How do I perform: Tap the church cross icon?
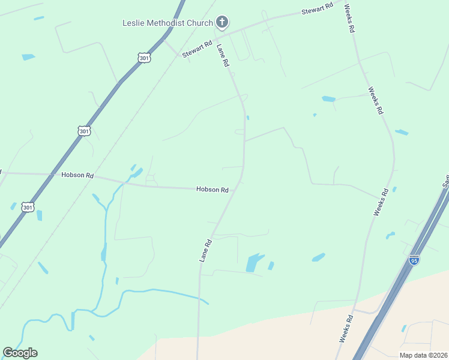(x=222, y=23)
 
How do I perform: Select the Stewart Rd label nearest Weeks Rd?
(x=317, y=10)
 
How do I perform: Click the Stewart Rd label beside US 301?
(x=197, y=48)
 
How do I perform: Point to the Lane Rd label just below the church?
(x=223, y=55)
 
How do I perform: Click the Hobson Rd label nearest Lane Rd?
(x=212, y=190)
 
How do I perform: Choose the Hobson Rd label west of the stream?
(x=77, y=175)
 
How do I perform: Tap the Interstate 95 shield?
(x=414, y=260)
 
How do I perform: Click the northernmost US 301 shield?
(x=143, y=58)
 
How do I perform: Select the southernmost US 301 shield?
(x=28, y=207)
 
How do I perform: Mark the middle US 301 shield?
(x=84, y=131)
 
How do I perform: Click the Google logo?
(x=20, y=353)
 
